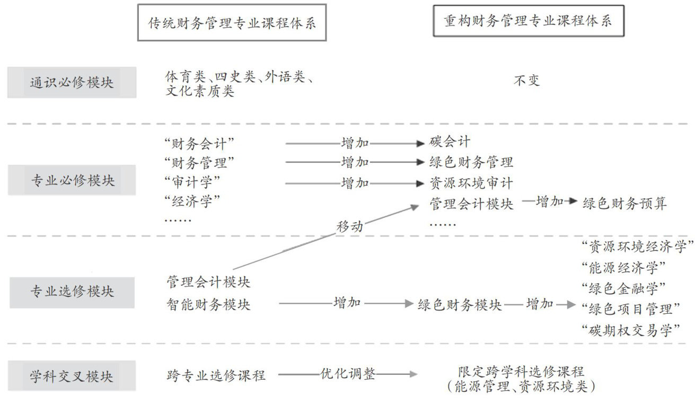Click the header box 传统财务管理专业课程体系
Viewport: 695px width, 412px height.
coord(232,23)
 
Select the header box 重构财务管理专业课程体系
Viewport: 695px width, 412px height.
coord(528,21)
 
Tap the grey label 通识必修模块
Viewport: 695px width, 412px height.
coord(72,83)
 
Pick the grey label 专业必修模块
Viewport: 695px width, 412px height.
coord(72,180)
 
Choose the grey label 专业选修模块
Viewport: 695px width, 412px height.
coord(72,292)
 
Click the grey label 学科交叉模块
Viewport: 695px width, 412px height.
coord(72,376)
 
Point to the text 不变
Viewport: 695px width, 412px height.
coord(526,81)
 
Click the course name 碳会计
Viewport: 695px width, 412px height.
coord(450,142)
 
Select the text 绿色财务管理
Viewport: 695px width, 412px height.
coord(471,162)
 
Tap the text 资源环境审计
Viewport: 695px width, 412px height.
coord(471,183)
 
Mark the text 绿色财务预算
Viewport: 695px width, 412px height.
coord(624,203)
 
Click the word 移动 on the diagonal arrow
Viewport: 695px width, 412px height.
coord(350,226)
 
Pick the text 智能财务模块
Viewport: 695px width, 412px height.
coord(208,304)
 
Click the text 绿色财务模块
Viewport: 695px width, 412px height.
coord(460,305)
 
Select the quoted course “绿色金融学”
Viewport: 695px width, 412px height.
coord(623,288)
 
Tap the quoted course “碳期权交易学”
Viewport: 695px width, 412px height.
coord(631,330)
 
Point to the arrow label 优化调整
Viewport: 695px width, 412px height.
coord(348,374)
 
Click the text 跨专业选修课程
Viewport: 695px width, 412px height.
coord(216,376)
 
